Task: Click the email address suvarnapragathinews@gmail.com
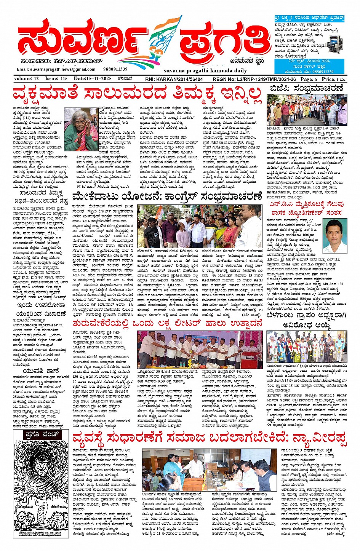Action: pyautogui.click(x=56, y=69)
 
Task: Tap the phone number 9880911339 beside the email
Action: pyautogui.click(x=115, y=69)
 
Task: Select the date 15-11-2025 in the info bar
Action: pyautogui.click(x=93, y=79)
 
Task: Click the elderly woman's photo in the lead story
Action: pyautogui.click(x=81, y=129)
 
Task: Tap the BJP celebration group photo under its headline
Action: pyautogui.click(x=307, y=110)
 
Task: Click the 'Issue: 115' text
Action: pyautogui.click(x=56, y=79)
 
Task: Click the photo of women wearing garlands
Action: pyautogui.click(x=307, y=347)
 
